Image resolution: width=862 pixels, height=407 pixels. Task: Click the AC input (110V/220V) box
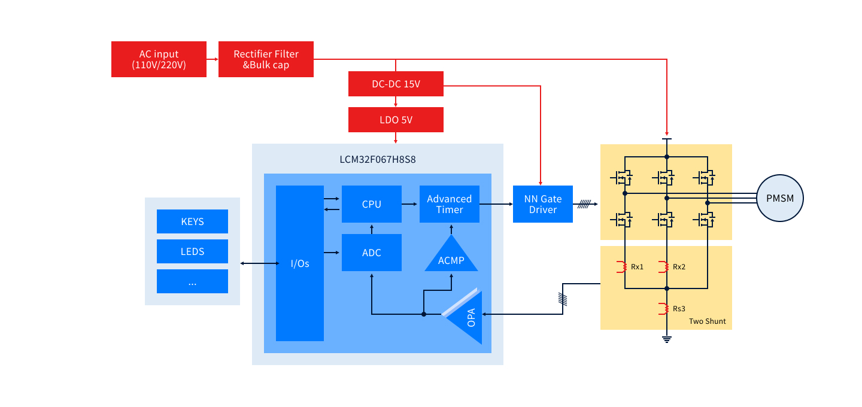coord(159,59)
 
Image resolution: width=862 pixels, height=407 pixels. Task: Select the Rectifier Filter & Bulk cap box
coord(266,59)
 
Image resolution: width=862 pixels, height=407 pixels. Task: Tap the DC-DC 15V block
coord(396,84)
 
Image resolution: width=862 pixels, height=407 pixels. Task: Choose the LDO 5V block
coord(396,120)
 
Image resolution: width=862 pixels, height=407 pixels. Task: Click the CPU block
coord(371,204)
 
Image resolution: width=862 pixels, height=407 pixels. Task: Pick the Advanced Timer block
coord(449,204)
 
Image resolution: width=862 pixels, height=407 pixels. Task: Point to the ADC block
coord(371,253)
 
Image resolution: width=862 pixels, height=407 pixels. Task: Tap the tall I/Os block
coord(299,263)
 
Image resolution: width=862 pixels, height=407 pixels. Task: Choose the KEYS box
coord(192,221)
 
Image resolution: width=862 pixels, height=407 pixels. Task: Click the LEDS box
coord(192,251)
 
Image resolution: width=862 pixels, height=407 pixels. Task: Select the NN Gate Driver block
coord(542,204)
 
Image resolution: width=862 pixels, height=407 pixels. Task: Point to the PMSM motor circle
coord(779,198)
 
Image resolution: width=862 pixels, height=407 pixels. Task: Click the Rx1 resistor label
coord(637,267)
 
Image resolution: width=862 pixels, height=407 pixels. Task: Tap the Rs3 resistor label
coord(679,309)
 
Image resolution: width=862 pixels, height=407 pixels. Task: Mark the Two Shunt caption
coord(707,321)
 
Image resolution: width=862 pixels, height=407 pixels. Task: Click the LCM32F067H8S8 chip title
coord(377,160)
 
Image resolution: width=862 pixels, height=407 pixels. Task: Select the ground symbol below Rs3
coord(666,339)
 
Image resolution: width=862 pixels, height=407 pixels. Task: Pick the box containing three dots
coord(192,281)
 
